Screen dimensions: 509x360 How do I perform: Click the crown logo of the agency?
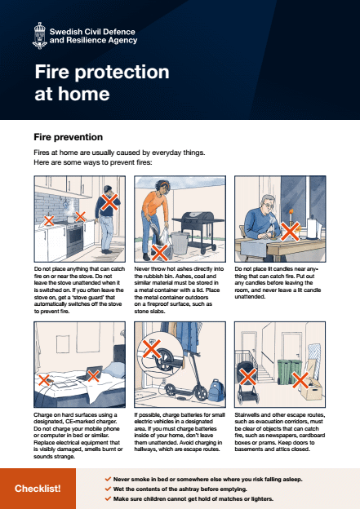(x=38, y=34)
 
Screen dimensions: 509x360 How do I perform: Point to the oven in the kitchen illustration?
(x=72, y=240)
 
